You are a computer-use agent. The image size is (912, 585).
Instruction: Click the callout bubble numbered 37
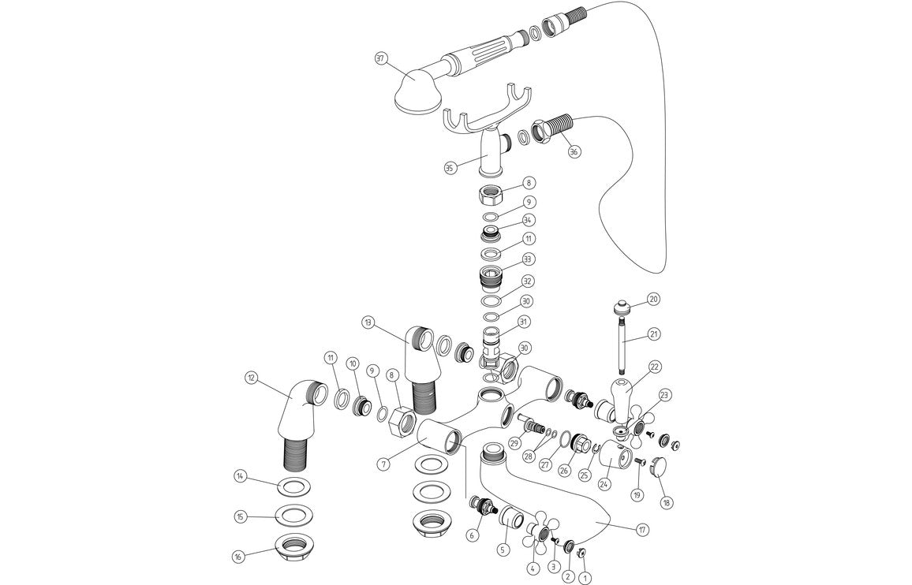click(x=380, y=59)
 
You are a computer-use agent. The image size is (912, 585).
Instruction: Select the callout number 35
click(x=450, y=168)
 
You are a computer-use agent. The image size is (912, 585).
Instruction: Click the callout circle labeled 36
click(x=574, y=151)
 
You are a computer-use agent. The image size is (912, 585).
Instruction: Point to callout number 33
click(x=529, y=259)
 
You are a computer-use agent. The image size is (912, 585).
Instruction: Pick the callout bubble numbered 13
click(x=368, y=322)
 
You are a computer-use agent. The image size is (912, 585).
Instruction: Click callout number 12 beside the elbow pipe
click(x=252, y=378)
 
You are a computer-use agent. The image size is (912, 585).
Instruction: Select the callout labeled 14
click(x=240, y=476)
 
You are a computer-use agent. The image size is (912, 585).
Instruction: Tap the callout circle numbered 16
click(x=239, y=557)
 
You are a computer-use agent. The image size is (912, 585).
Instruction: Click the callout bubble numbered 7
click(x=383, y=464)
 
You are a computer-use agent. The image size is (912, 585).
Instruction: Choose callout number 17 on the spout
click(x=642, y=530)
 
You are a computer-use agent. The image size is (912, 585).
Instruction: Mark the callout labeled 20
click(x=653, y=300)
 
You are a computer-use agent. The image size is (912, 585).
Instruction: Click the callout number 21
click(x=653, y=334)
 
